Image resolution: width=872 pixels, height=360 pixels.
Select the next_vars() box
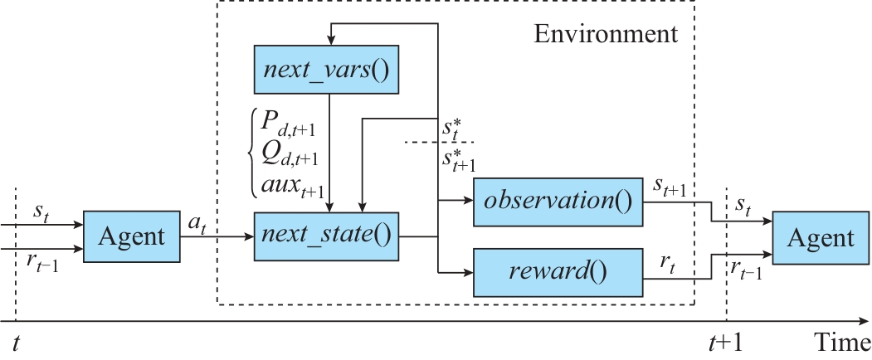(x=325, y=69)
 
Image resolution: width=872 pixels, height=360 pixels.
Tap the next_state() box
(x=325, y=236)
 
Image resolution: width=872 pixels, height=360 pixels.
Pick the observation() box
(x=558, y=202)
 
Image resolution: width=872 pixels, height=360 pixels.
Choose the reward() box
(x=558, y=272)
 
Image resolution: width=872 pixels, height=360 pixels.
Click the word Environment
(x=605, y=34)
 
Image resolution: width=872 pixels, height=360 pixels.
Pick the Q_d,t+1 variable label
(x=289, y=154)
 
